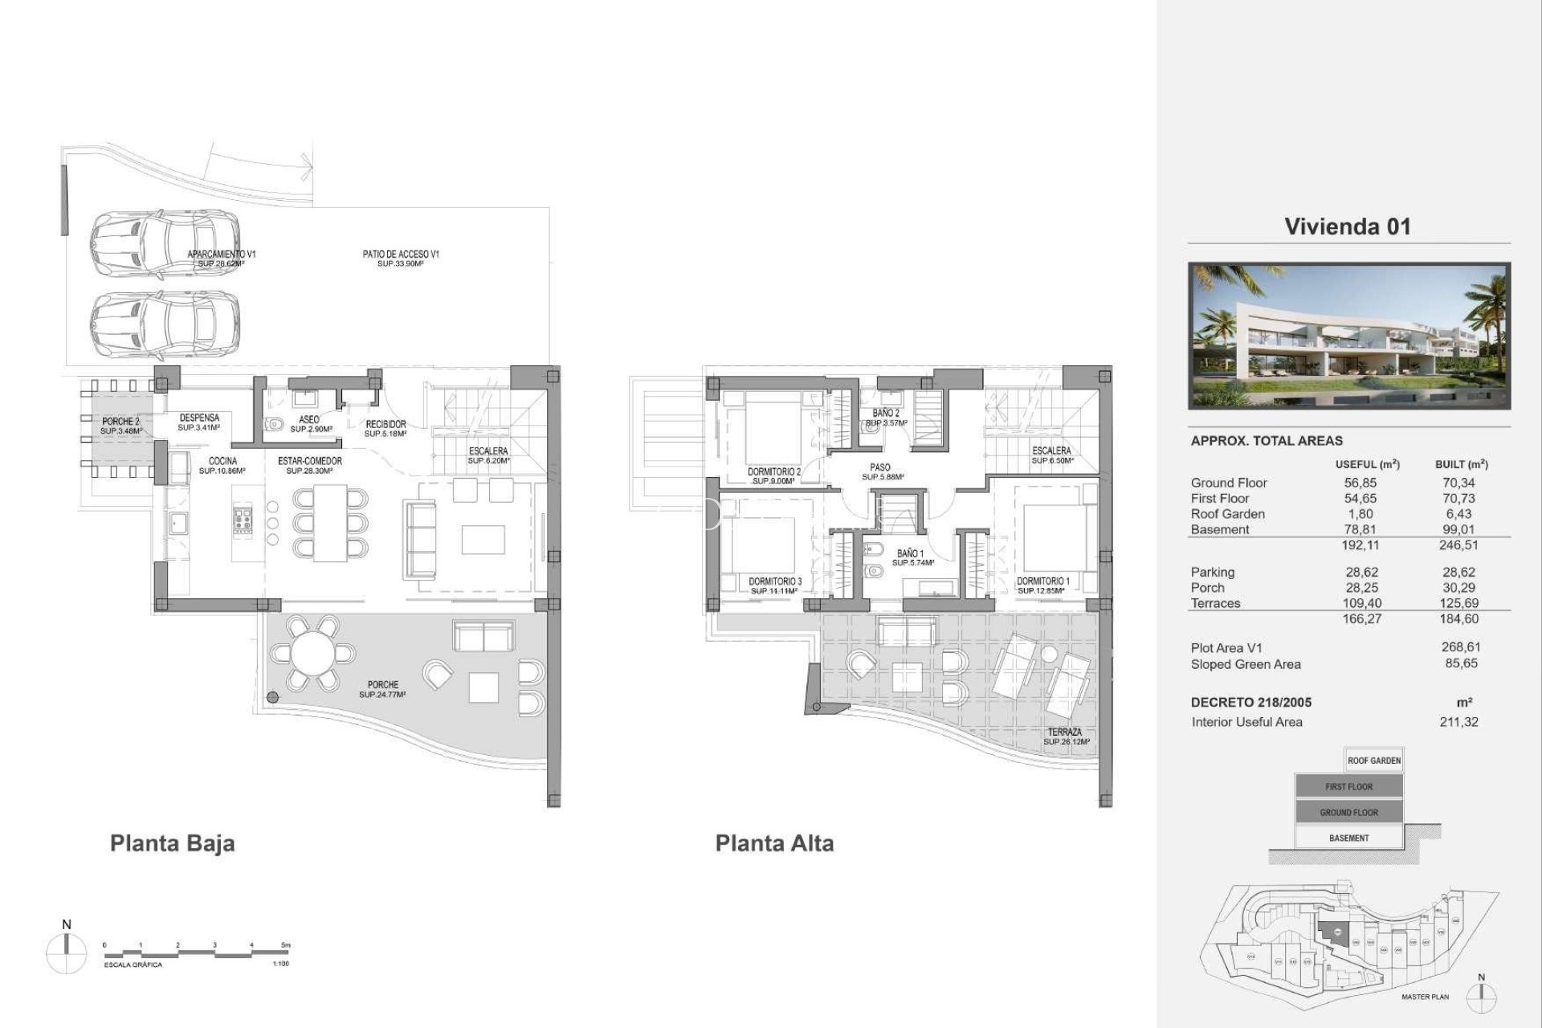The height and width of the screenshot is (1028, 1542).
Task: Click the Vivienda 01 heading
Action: (1347, 226)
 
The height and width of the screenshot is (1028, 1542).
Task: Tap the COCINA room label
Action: (222, 462)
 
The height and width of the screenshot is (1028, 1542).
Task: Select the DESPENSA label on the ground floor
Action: (199, 418)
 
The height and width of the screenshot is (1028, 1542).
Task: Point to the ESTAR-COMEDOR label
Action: (310, 462)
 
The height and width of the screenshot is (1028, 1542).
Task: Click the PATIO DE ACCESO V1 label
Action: (400, 255)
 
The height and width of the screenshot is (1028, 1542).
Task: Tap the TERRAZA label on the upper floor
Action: (1066, 732)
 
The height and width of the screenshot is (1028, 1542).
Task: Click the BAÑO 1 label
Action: (911, 554)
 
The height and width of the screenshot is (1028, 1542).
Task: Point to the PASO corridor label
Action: (879, 467)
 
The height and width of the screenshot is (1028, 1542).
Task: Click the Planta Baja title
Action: (172, 843)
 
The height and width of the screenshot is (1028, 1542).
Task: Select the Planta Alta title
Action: (774, 843)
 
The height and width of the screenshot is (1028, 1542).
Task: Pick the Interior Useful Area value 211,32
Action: (1458, 722)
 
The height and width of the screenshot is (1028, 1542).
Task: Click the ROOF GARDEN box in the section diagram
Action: (1373, 761)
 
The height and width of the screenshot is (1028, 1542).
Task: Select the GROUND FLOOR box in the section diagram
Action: (1348, 812)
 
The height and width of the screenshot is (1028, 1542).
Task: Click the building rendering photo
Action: (1348, 336)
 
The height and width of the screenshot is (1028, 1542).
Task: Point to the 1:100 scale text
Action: (280, 964)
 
